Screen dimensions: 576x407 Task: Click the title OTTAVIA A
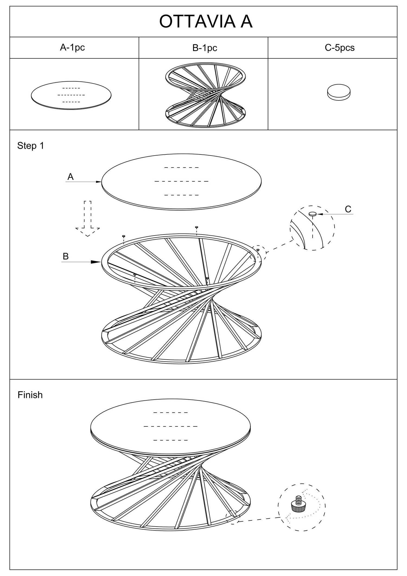pos(206,22)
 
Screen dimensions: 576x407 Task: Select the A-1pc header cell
pos(72,48)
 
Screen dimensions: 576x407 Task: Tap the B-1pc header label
pos(205,48)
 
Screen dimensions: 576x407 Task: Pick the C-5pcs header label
pos(340,48)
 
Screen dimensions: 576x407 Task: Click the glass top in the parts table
pos(71,95)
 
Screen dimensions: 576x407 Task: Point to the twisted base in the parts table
pos(205,95)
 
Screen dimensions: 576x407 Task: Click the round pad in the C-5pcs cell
pos(339,92)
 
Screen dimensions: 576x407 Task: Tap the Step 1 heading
pos(30,146)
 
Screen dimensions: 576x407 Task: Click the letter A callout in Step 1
pos(71,177)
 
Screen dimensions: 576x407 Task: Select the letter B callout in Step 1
pos(66,256)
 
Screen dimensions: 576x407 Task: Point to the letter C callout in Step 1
pos(348,209)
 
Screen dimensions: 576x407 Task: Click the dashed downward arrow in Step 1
pos(88,219)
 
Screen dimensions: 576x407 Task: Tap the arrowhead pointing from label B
pos(96,262)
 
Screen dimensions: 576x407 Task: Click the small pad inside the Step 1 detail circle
pos(313,214)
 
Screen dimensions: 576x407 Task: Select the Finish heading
pos(30,395)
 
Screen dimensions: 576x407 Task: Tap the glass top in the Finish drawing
pos(170,426)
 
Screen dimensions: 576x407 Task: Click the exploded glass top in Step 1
pos(181,181)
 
